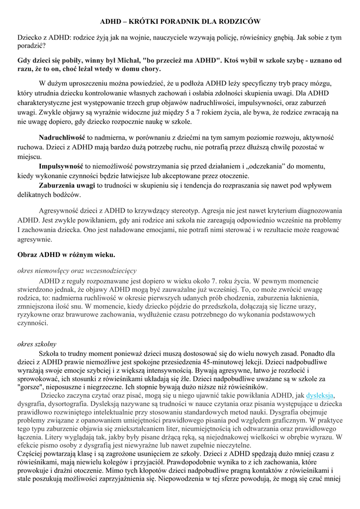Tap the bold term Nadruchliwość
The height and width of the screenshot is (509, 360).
(x=62, y=137)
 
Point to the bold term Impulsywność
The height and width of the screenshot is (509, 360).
(x=61, y=166)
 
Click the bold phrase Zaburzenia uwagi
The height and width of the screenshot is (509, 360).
(x=67, y=185)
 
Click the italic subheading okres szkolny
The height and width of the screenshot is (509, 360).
(x=37, y=343)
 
